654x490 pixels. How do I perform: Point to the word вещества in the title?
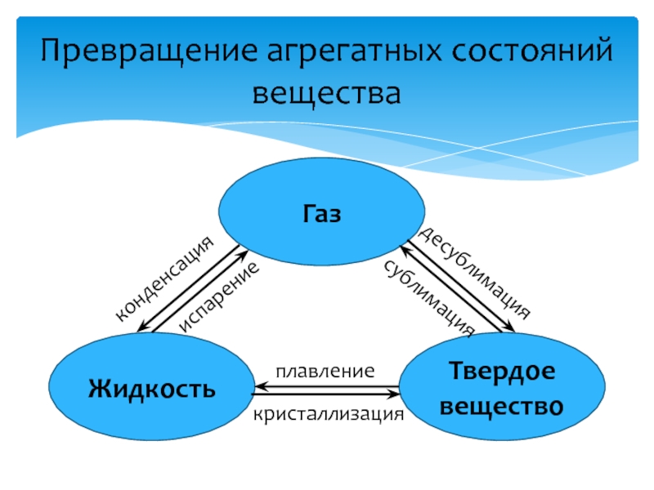pyautogui.click(x=327, y=93)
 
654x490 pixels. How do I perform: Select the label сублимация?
pyautogui.click(x=428, y=296)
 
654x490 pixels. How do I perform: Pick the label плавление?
pyautogui.click(x=325, y=371)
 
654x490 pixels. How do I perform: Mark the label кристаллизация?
pyautogui.click(x=329, y=414)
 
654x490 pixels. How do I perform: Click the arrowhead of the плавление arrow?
pyautogui.click(x=259, y=385)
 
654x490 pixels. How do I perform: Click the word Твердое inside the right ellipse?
pyautogui.click(x=501, y=372)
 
